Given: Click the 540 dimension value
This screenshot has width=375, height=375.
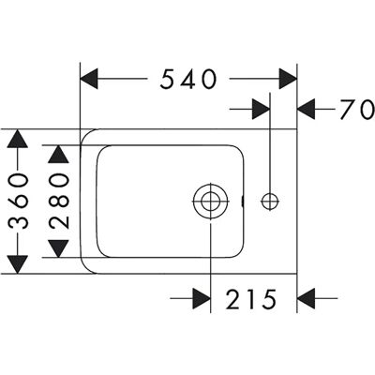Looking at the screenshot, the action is point(187,79).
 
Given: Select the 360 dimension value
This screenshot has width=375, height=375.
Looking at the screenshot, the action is point(18,202).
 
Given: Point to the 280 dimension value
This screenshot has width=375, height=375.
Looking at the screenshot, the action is point(58,202).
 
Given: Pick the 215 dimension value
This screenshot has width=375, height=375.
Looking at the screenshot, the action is point(251,299).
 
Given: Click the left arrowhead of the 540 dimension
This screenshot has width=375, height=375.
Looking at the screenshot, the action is point(89,79).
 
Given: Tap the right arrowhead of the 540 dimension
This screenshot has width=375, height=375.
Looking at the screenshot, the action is point(288,79).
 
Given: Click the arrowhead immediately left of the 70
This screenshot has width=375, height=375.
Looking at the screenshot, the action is point(306,110).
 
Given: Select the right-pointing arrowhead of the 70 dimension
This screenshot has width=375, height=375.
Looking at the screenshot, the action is point(261,110).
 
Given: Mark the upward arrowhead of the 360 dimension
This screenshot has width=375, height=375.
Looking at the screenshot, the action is point(18,139).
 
